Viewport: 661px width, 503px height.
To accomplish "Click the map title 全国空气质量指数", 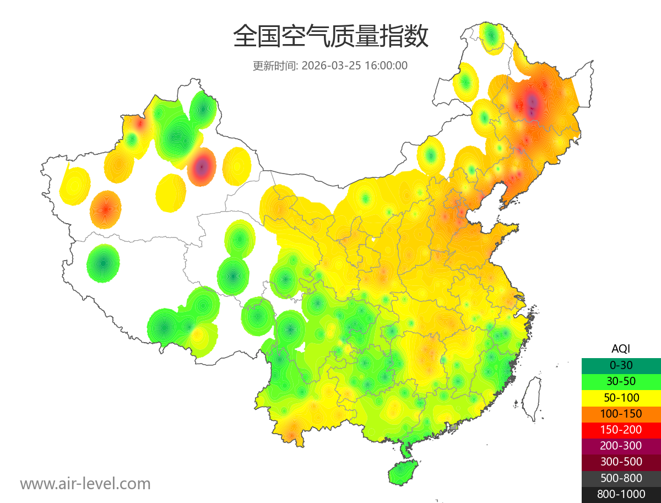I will pos(330,37).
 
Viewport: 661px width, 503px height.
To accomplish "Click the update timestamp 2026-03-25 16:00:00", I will pos(355,66).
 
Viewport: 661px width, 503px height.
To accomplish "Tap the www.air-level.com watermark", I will pos(85,484).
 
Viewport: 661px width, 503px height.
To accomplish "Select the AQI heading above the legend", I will pos(621,349).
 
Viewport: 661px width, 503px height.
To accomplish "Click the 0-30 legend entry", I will pos(621,365).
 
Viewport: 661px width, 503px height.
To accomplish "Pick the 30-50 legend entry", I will pos(621,381).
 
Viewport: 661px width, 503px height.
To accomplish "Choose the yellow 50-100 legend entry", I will pos(621,397).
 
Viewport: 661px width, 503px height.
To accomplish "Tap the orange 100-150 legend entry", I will pos(621,413).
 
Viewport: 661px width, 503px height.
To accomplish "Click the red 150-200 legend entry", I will pos(621,429).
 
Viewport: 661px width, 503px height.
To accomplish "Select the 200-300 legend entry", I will pos(621,446).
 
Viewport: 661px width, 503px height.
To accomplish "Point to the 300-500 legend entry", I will pos(621,462).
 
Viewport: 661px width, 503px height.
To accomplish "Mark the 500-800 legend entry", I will pos(621,478).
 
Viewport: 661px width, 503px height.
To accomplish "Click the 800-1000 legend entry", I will pos(621,494).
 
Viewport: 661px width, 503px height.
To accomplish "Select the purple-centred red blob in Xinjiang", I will pos(202,166).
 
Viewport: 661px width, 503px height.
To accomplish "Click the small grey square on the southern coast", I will pos(454,427).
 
